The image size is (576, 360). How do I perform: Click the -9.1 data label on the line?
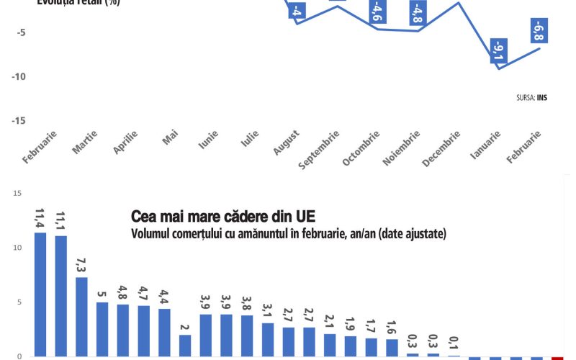(497, 51)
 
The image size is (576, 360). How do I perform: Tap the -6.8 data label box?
(537, 31)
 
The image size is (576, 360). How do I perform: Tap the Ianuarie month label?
(485, 146)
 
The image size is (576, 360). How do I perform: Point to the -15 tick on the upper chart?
(19, 121)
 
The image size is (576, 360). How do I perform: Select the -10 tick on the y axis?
(19, 77)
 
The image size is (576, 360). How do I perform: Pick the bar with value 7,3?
(82, 316)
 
